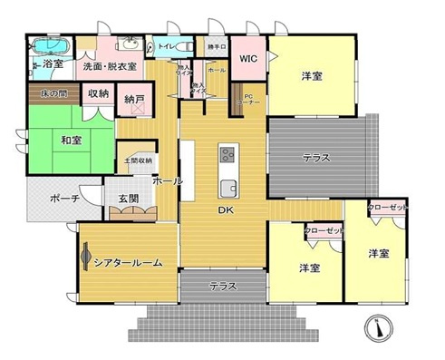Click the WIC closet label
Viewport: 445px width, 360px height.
(247, 59)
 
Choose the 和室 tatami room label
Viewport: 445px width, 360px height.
(73, 140)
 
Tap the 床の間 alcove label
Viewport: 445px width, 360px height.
(53, 93)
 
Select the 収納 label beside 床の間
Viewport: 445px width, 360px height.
(99, 93)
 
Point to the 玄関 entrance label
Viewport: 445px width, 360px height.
(127, 199)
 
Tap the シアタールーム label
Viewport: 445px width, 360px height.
(128, 262)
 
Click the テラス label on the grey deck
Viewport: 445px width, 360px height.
(315, 158)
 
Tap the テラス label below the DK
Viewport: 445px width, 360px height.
(223, 286)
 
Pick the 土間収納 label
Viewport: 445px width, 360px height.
(138, 161)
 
